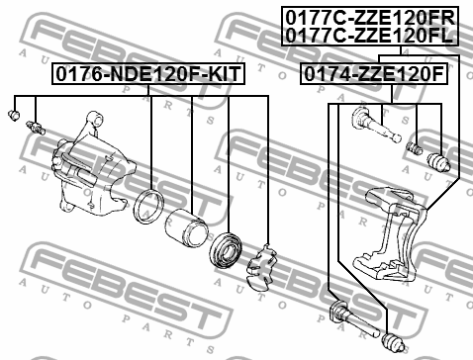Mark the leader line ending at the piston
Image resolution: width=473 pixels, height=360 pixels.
190,148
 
